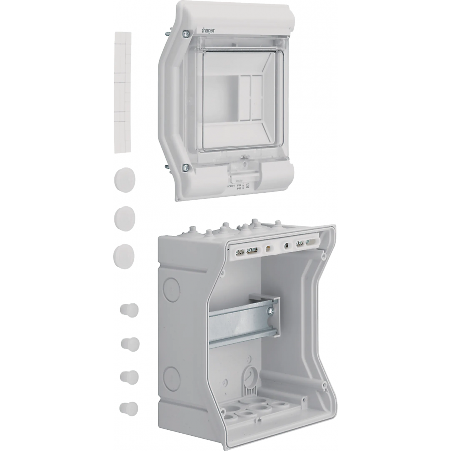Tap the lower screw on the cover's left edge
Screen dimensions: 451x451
186,166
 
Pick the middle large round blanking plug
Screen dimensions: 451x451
125,217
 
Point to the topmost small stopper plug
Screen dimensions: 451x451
129,309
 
